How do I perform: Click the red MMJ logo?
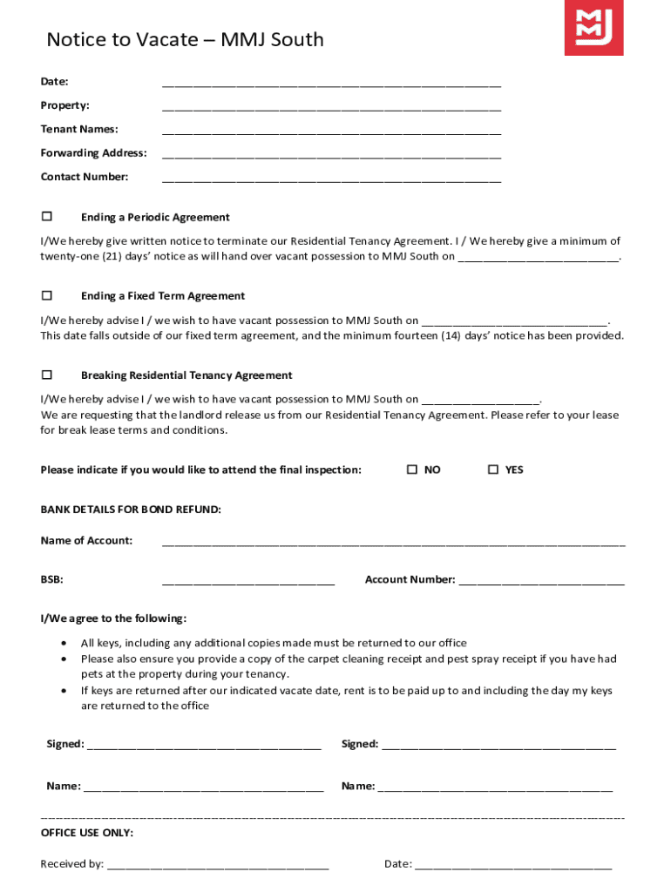click(x=593, y=28)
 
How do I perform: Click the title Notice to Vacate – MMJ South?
click(x=185, y=39)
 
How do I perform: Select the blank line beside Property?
click(x=331, y=108)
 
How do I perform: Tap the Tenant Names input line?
click(x=331, y=132)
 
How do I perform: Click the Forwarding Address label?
click(x=93, y=153)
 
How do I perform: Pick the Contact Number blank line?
click(x=331, y=179)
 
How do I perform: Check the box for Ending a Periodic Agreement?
click(x=47, y=216)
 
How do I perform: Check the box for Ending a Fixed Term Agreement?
click(x=47, y=295)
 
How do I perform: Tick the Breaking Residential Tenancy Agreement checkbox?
click(x=47, y=375)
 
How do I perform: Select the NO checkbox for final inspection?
click(x=412, y=470)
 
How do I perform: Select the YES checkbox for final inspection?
click(x=492, y=470)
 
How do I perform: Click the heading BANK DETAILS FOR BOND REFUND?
click(x=131, y=510)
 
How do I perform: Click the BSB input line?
click(x=247, y=582)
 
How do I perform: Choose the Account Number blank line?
click(x=541, y=582)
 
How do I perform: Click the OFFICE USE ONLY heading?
click(x=87, y=833)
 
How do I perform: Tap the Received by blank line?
click(x=217, y=867)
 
